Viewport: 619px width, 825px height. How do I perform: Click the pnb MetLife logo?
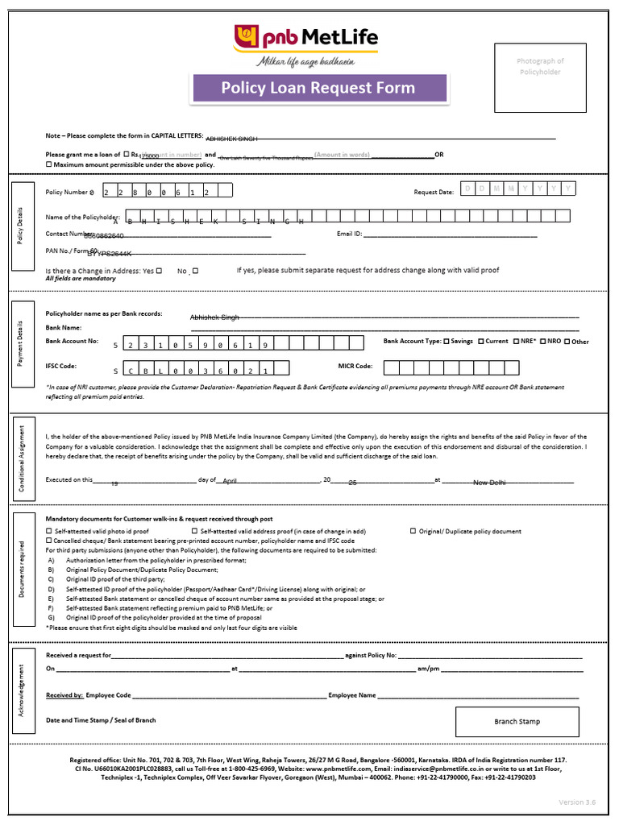(x=305, y=38)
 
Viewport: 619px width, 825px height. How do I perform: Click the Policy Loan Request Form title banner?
(x=318, y=88)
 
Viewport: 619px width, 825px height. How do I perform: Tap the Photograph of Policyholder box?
(x=540, y=77)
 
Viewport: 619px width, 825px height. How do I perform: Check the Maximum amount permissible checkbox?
(x=48, y=164)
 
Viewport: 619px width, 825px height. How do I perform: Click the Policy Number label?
(x=69, y=193)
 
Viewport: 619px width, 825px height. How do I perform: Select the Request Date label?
(x=434, y=192)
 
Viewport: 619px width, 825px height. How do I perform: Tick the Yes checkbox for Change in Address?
(x=159, y=271)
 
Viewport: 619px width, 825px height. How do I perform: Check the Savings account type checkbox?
(x=447, y=342)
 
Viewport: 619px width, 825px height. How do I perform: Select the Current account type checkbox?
(x=481, y=342)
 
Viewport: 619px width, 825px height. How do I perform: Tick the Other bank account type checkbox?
(x=567, y=342)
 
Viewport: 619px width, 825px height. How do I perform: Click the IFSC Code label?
(x=61, y=366)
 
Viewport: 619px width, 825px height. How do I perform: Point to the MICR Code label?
(x=355, y=366)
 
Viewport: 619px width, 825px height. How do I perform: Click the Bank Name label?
(x=64, y=328)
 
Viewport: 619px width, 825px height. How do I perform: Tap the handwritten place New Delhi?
(x=488, y=483)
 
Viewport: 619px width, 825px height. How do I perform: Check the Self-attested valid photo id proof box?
(x=48, y=532)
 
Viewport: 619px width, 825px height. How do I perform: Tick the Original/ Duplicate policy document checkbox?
(x=413, y=531)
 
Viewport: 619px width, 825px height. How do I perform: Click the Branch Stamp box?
(x=517, y=722)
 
